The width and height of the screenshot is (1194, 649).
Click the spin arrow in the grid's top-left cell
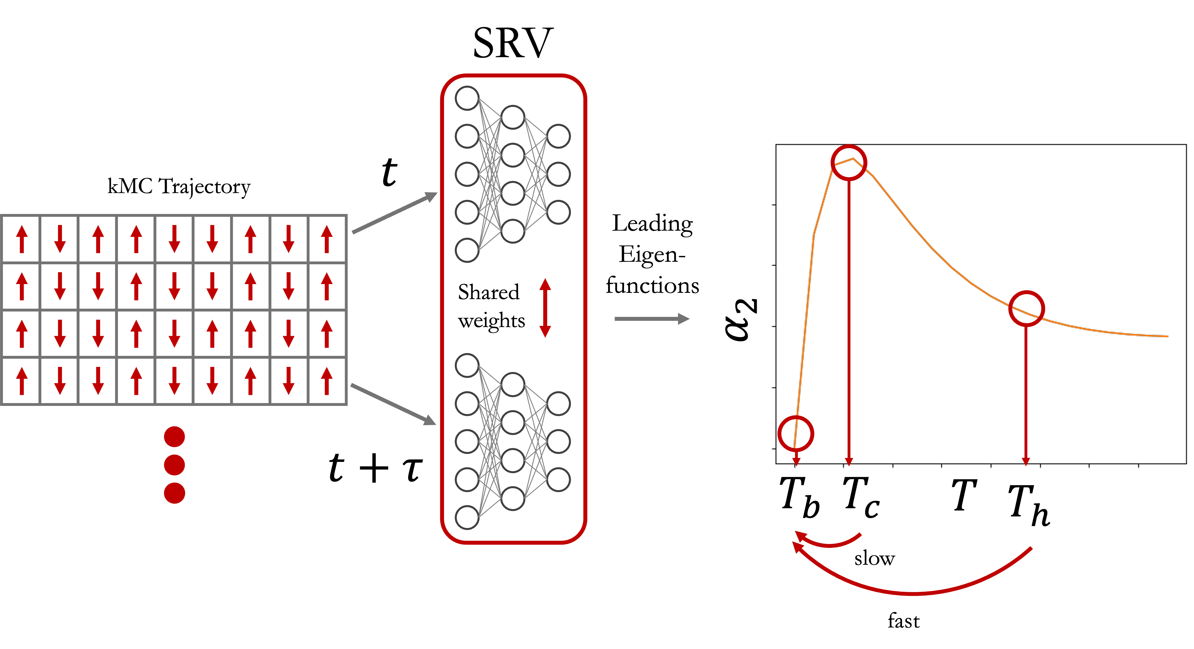22,239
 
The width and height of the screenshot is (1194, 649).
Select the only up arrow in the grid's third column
98,239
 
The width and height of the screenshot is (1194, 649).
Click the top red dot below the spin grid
174,437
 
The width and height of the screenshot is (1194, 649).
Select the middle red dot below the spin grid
174,465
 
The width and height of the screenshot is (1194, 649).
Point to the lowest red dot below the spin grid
174,493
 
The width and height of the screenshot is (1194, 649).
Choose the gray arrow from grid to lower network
393,404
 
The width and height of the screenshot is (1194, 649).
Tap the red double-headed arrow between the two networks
545,308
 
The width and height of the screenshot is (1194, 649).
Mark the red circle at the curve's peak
849,163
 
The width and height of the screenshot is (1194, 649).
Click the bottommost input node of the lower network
467,517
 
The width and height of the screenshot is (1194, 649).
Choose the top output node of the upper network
558,136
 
